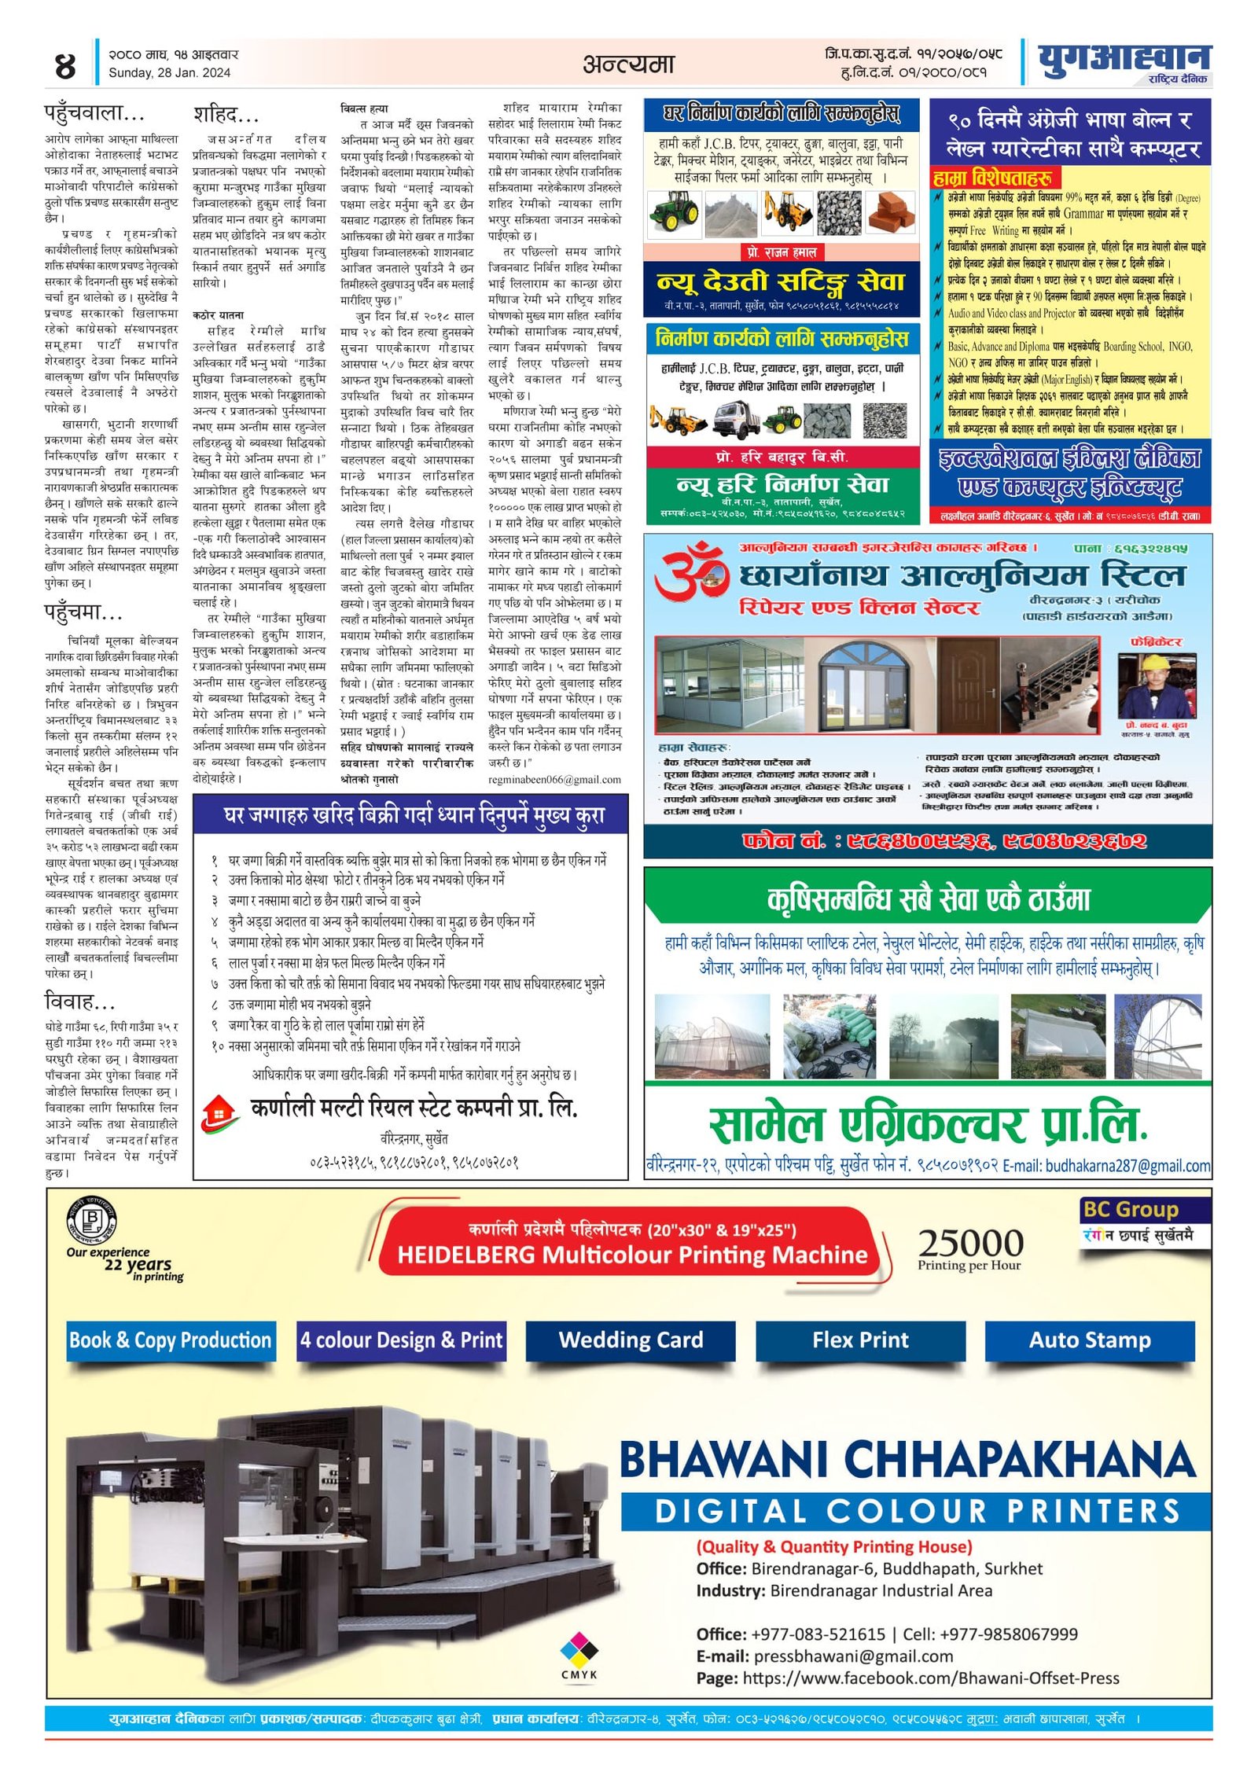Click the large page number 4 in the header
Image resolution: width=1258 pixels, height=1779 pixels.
(x=65, y=65)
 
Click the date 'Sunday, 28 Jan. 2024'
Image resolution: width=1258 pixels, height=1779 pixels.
(x=169, y=73)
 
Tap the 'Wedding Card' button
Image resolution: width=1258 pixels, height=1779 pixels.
(x=631, y=1340)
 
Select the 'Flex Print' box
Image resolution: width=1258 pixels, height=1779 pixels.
(x=860, y=1340)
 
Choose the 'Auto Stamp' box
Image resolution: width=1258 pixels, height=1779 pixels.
(x=1089, y=1340)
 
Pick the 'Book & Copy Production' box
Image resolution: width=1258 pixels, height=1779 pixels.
(x=170, y=1340)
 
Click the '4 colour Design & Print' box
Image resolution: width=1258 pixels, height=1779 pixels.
(x=401, y=1340)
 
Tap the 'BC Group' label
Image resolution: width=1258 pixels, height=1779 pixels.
(x=1130, y=1210)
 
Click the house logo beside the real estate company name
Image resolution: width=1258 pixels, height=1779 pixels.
(x=221, y=1112)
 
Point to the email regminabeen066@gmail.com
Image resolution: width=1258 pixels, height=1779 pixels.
(x=554, y=780)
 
